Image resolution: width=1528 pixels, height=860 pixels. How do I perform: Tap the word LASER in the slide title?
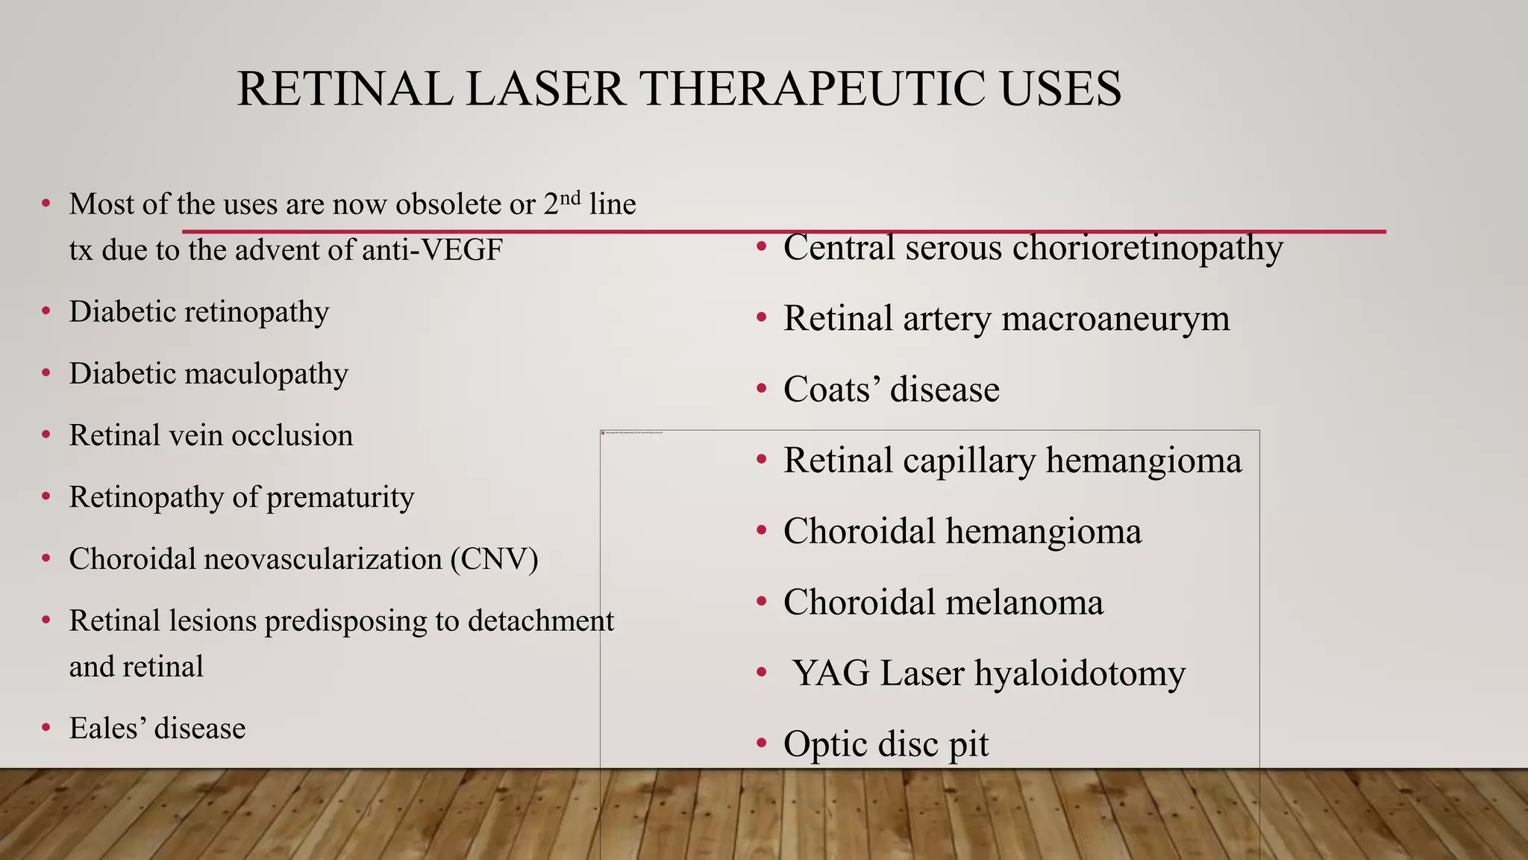click(545, 89)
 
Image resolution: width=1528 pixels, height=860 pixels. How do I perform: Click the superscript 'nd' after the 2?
click(570, 198)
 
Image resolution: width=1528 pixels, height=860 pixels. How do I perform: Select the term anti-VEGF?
click(432, 250)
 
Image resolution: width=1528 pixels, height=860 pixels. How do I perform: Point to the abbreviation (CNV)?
click(494, 559)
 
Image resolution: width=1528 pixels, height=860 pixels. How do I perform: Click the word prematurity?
click(340, 498)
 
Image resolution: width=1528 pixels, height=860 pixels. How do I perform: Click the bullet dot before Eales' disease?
click(46, 728)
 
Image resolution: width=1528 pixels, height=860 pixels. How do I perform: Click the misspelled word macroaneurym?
click(1115, 319)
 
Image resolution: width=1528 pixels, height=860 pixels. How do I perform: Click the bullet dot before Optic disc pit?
click(761, 744)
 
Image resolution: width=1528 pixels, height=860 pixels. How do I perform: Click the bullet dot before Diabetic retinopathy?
click(46, 311)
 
